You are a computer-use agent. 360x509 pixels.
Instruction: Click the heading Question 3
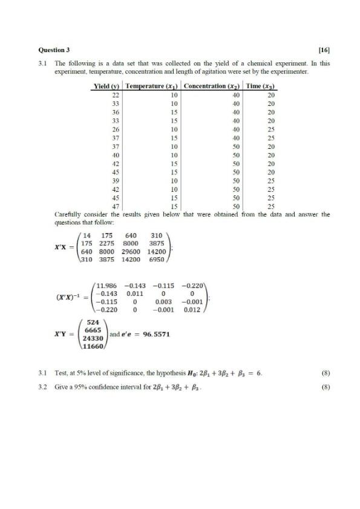pos(54,50)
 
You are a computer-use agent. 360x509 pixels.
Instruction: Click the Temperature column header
pos(152,87)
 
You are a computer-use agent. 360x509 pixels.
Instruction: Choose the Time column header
pos(261,87)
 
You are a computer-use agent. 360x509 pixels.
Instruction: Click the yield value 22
pos(116,95)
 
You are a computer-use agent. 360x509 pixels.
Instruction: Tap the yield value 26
pos(116,129)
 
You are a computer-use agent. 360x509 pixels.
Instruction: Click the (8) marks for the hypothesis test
pos(326,374)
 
